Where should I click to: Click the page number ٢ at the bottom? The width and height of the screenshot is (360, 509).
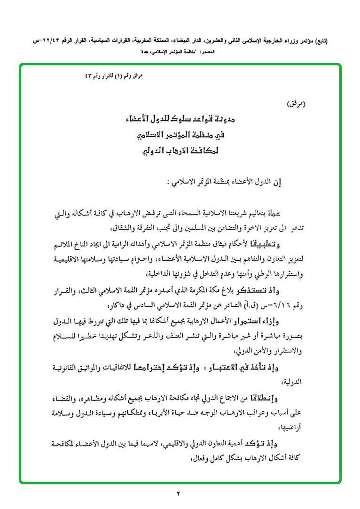tap(179, 493)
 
